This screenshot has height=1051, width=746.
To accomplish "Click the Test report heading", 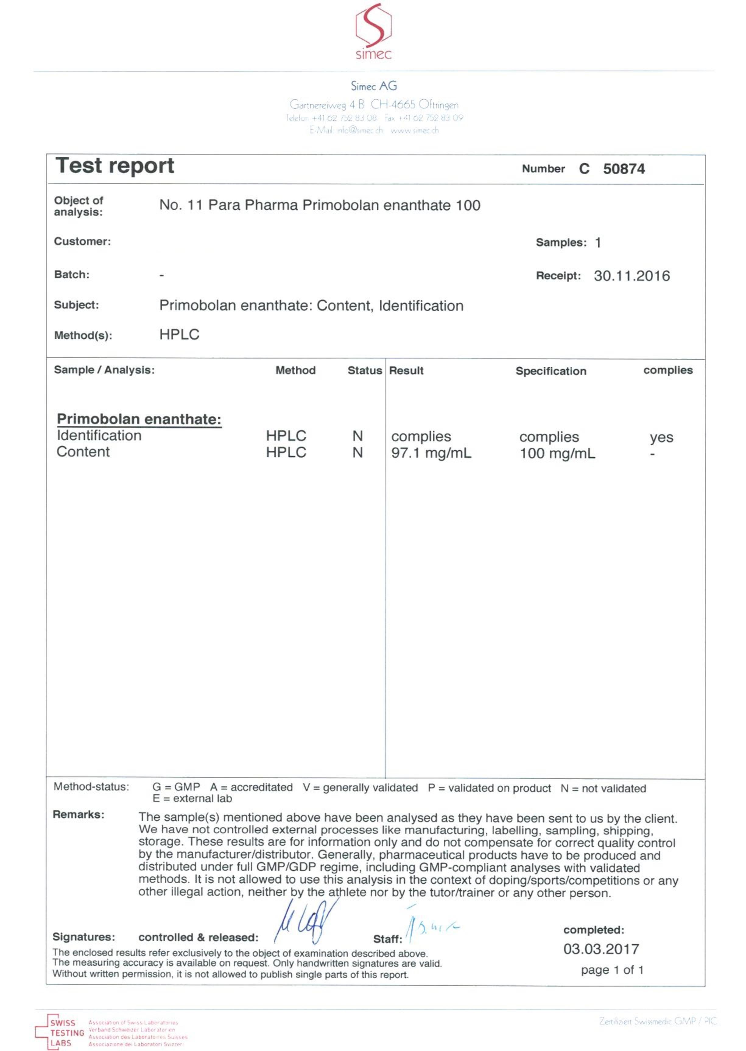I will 115,166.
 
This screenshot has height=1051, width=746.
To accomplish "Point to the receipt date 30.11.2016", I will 632,276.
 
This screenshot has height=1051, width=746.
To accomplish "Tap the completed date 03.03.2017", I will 601,949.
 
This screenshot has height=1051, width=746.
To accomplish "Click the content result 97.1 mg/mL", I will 431,453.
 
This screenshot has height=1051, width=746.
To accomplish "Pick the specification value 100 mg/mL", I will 557,453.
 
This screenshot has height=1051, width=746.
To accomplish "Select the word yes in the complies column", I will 661,437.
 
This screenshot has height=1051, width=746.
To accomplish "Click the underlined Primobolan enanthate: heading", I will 139,419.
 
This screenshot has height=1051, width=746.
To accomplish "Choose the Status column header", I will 364,370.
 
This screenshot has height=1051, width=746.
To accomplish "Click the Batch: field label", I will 72,274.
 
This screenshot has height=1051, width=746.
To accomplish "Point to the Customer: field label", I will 82,241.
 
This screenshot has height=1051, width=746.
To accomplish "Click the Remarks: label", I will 79,814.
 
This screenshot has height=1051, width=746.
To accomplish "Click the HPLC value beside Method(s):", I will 179,335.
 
